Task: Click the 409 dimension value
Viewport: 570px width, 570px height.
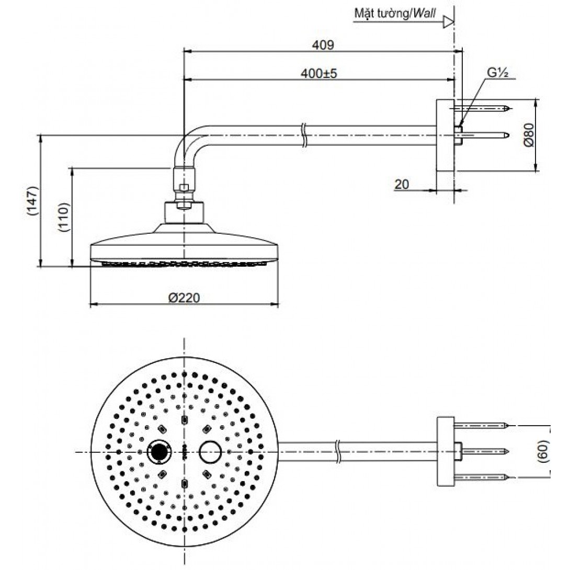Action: tap(323, 45)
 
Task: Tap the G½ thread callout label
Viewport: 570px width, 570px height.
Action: tap(499, 74)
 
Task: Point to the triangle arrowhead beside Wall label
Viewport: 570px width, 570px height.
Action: tap(448, 22)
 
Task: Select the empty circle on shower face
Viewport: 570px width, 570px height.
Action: tap(210, 451)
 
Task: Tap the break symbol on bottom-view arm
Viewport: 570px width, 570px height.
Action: tap(339, 451)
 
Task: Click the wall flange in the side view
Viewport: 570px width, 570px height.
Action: tap(444, 135)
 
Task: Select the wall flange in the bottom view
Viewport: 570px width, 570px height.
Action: tap(445, 451)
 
